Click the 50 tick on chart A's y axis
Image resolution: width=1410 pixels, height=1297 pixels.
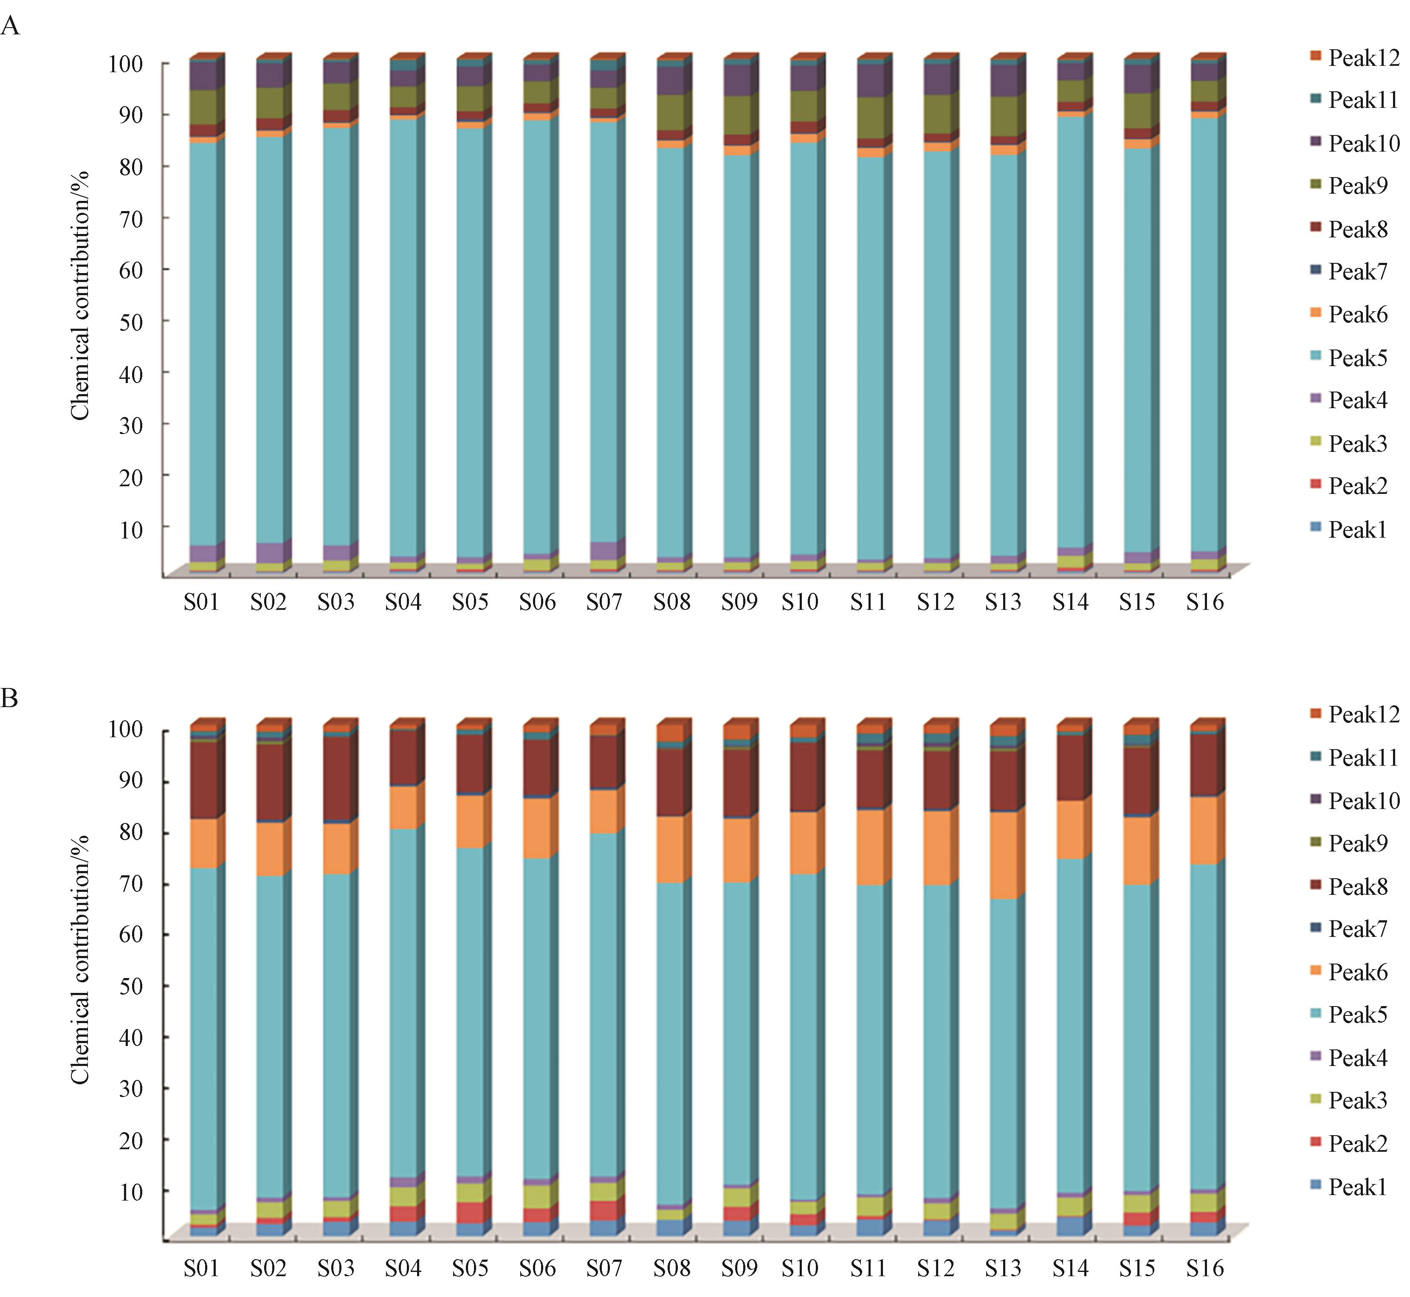click(x=130, y=321)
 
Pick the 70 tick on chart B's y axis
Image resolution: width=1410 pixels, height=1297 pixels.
click(x=130, y=884)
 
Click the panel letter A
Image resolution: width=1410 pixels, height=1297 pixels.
click(x=10, y=27)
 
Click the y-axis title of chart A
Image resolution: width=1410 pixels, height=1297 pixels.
click(x=80, y=295)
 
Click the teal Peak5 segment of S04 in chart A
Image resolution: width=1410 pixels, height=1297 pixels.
click(x=402, y=337)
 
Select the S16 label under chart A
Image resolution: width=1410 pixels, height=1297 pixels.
click(x=1204, y=602)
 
